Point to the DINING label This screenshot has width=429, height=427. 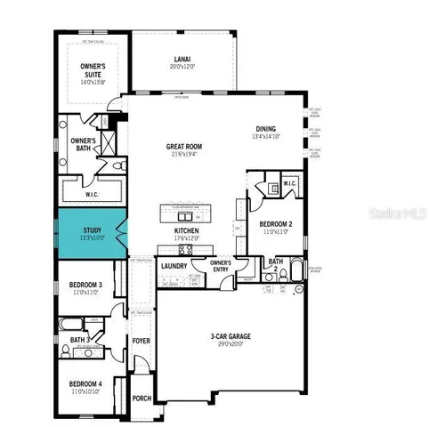click(266, 128)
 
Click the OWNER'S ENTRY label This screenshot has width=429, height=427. click(220, 267)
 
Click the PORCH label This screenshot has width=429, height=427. click(142, 399)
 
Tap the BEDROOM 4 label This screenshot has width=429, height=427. click(86, 385)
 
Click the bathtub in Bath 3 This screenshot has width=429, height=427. click(71, 326)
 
